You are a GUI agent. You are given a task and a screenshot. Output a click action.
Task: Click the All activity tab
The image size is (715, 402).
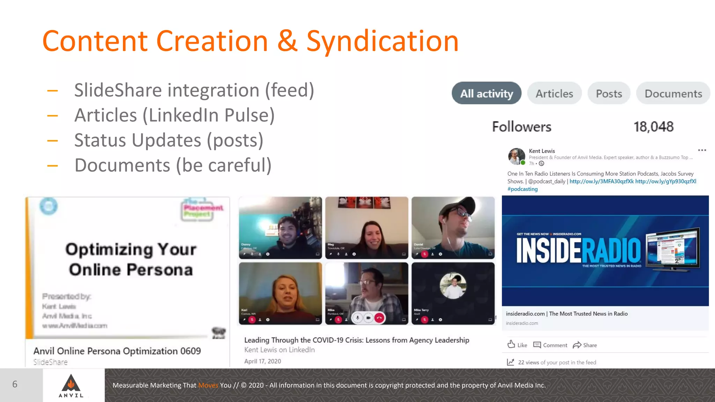click(x=486, y=93)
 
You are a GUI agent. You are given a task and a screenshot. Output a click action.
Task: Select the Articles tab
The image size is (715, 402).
click(x=554, y=94)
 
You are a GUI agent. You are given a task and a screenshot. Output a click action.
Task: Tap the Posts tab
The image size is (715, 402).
click(x=609, y=94)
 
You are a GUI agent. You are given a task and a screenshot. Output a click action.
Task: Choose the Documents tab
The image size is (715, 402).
click(x=673, y=94)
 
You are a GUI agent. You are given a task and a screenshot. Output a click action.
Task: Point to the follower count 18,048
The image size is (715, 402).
click(x=653, y=127)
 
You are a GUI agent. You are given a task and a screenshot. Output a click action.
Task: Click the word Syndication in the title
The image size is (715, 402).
click(x=382, y=41)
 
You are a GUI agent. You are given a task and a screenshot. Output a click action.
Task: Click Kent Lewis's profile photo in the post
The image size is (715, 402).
click(x=516, y=156)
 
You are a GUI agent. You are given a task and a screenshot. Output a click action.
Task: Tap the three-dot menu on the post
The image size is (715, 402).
click(x=702, y=150)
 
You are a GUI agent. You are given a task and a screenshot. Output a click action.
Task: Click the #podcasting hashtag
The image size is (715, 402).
click(x=522, y=189)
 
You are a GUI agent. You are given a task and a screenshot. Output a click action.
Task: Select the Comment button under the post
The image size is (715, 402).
click(x=550, y=345)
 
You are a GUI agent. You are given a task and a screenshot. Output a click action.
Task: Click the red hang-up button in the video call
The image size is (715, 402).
click(x=379, y=318)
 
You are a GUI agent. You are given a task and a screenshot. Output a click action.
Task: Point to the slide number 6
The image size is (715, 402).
click(x=15, y=384)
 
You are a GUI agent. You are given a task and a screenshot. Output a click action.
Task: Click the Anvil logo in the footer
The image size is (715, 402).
click(x=71, y=385)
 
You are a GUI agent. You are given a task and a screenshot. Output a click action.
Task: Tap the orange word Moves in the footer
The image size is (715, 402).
click(x=208, y=385)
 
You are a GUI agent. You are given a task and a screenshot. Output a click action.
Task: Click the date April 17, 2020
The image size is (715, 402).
click(x=263, y=361)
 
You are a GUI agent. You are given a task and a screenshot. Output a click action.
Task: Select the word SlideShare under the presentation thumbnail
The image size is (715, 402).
click(x=51, y=362)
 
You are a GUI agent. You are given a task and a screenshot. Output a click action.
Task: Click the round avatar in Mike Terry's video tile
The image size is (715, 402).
click(x=453, y=286)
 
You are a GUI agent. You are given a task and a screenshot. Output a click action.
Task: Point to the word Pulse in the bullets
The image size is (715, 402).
click(x=249, y=115)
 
